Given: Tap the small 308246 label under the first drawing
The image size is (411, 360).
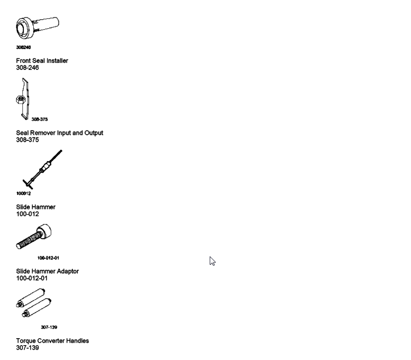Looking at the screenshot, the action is pos(22,48).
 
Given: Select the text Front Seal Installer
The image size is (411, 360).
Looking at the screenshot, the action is pos(42,60).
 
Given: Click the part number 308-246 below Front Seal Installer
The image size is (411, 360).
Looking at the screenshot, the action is pos(27,67).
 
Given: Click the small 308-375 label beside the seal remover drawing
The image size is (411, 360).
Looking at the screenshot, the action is pos(40,120).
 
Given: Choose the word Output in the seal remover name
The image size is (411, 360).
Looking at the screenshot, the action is pos(92,133).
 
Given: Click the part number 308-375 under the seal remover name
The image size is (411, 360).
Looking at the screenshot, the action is pos(27,140).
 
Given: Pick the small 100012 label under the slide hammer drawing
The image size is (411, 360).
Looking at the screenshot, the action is pos(23,194).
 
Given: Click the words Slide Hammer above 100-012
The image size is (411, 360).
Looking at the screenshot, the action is pos(36,207).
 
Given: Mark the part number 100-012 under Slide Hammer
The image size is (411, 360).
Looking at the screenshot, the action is pos(27,214).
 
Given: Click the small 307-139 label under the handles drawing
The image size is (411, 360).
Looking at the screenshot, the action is pos(49,327).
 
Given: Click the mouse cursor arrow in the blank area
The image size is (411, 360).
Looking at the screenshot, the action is pos(212,260).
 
